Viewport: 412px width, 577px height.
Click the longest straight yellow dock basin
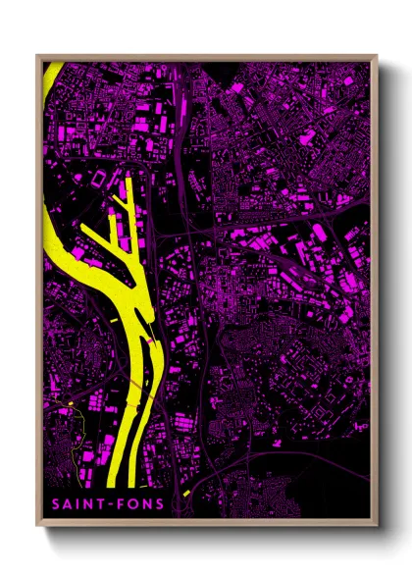click(129, 216)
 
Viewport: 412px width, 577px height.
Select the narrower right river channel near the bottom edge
click(143, 442)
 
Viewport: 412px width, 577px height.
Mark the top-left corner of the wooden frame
click(37, 55)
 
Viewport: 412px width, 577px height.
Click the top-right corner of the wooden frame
click(377, 55)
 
